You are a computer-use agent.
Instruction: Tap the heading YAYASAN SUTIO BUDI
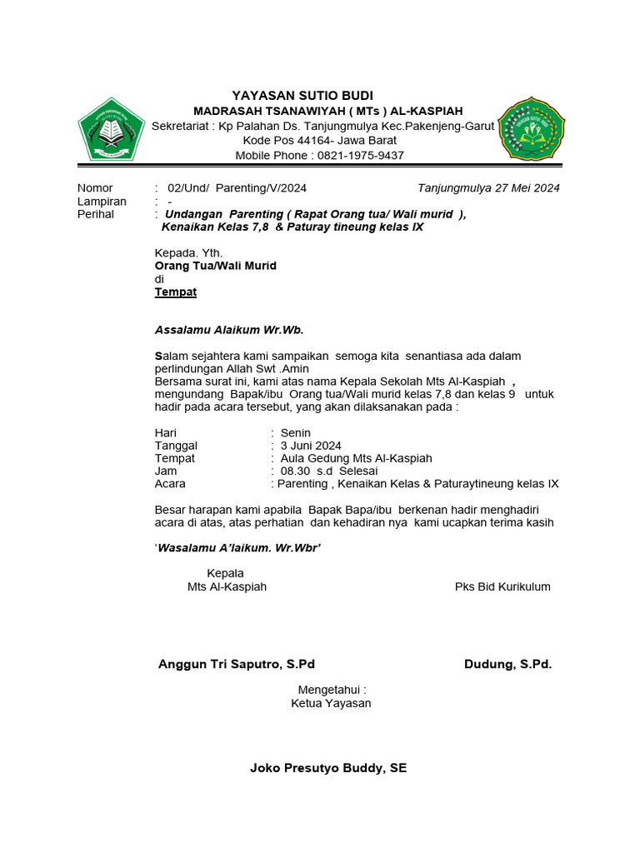(x=302, y=95)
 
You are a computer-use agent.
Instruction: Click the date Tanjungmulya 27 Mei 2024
(x=488, y=188)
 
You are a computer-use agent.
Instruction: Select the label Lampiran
(x=102, y=202)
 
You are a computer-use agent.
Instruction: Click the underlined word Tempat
(x=176, y=292)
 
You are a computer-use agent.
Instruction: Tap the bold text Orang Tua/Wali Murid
(x=215, y=266)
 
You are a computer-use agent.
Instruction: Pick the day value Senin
(x=296, y=433)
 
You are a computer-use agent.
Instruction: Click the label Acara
(x=170, y=484)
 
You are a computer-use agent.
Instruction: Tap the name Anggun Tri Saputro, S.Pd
(x=237, y=665)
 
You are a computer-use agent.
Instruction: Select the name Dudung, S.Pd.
(x=507, y=665)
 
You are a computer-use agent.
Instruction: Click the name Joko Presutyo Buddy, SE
(x=328, y=768)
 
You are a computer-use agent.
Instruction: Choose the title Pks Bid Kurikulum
(x=502, y=587)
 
